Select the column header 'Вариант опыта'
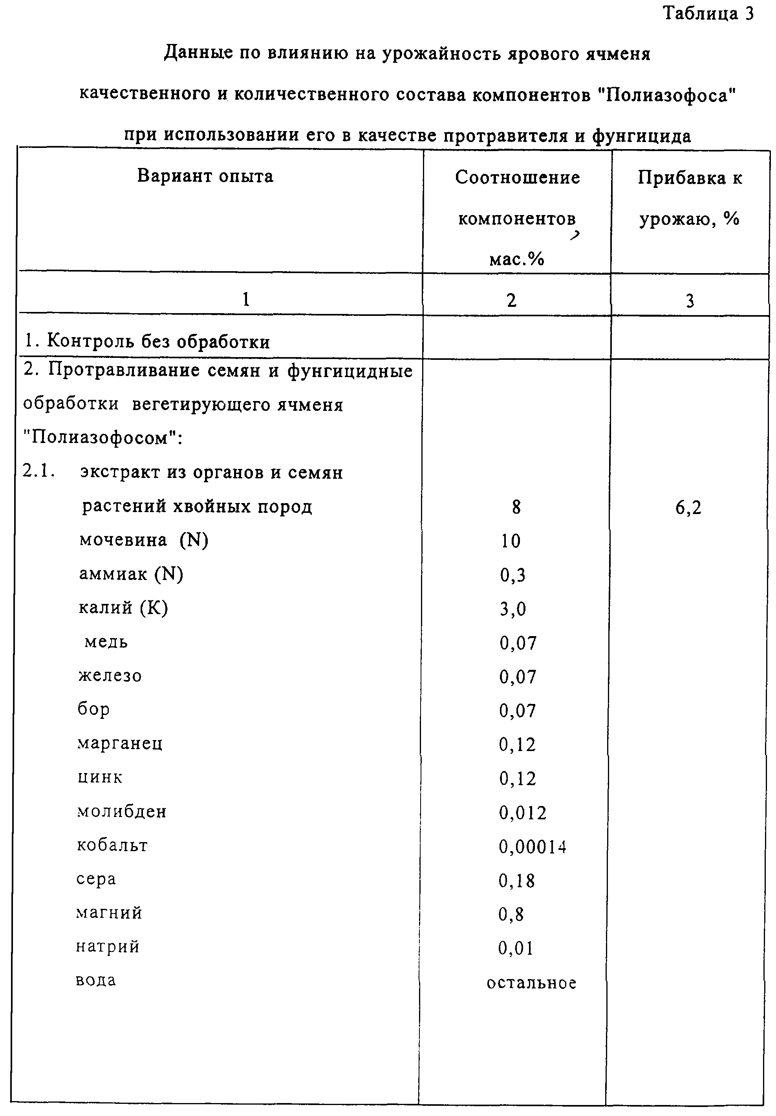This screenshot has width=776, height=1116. click(x=205, y=176)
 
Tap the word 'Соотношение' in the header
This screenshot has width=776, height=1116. click(x=517, y=178)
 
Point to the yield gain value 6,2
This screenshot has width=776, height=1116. click(x=688, y=508)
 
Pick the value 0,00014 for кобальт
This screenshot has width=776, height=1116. click(x=533, y=847)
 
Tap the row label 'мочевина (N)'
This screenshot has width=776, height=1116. click(x=144, y=540)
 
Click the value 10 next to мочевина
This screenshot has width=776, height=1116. click(x=511, y=541)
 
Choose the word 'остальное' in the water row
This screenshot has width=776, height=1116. click(x=531, y=983)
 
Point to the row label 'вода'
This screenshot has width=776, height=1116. click(x=96, y=981)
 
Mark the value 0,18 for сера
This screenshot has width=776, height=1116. click(x=516, y=881)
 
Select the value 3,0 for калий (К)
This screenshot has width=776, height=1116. click(x=513, y=609)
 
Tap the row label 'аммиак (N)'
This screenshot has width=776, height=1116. click(x=131, y=574)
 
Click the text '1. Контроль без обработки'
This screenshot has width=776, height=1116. click(x=147, y=342)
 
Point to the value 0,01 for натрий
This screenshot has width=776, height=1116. click(x=515, y=948)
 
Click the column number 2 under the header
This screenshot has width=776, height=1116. click(x=511, y=301)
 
